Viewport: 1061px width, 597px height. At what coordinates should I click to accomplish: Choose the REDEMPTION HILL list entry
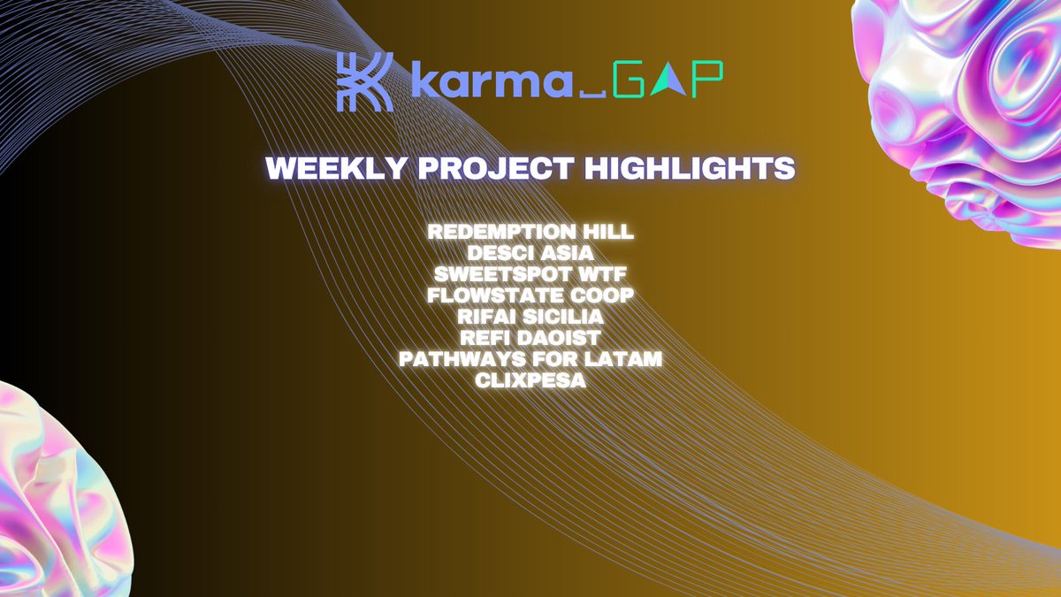pos(530,232)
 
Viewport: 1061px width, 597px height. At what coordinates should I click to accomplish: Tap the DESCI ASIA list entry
pos(530,253)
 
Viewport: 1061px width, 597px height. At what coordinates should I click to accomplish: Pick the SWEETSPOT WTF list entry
pos(530,274)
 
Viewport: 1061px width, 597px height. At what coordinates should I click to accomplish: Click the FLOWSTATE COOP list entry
pos(530,295)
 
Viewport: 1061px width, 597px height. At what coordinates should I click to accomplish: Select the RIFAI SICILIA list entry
pos(530,317)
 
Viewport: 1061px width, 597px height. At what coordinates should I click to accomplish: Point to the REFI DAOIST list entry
pos(530,338)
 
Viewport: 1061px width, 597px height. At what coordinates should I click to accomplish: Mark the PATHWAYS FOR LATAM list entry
pos(530,359)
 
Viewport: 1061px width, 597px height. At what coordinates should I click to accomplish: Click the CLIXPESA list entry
pos(530,380)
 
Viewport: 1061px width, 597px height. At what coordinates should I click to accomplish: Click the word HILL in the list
pos(609,232)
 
